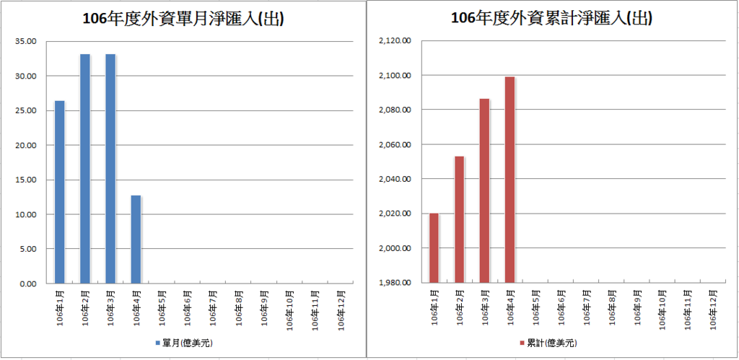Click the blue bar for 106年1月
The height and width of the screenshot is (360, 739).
tap(59, 192)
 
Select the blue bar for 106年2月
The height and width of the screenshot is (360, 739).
tap(85, 169)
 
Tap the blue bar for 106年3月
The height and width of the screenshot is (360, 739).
tap(110, 169)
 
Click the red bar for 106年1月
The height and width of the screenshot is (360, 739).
tap(434, 247)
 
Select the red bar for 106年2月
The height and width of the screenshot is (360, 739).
tap(459, 219)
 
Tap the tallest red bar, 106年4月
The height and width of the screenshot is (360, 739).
tap(510, 180)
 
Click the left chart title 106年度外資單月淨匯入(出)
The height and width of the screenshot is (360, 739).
tap(183, 19)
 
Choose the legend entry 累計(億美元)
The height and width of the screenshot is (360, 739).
tap(551, 342)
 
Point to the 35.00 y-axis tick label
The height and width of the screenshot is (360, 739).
tap(26, 41)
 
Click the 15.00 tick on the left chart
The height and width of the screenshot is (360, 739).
tap(26, 180)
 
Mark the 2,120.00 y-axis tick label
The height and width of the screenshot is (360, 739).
tap(394, 41)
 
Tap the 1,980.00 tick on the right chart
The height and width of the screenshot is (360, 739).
tap(394, 283)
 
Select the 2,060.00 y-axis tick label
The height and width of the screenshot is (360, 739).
tap(394, 145)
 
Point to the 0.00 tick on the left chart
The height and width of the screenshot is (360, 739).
tap(28, 284)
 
